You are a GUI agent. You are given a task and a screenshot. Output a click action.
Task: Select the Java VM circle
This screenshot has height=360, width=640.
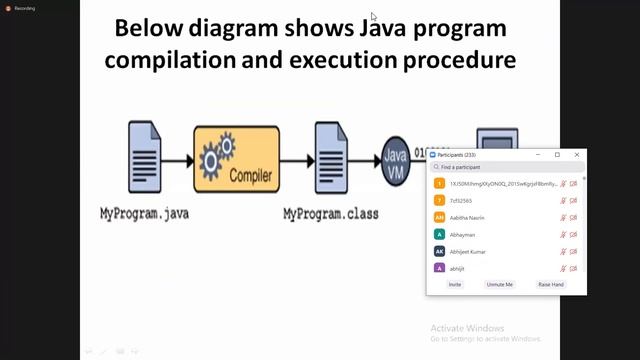(396, 164)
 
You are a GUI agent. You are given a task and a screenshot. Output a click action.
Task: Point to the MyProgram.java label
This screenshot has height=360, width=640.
(144, 213)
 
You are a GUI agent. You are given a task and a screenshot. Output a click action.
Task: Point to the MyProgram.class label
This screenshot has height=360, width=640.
(330, 213)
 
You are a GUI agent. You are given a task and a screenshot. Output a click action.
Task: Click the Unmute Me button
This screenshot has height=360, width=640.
(499, 284)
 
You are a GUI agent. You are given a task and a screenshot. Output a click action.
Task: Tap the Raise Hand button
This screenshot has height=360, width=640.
(551, 284)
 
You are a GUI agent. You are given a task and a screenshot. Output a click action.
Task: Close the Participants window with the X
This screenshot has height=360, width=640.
(576, 155)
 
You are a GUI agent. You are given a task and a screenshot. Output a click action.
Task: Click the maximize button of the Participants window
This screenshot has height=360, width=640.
(557, 155)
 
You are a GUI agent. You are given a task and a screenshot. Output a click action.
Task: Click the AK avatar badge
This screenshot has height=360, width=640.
(439, 251)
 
